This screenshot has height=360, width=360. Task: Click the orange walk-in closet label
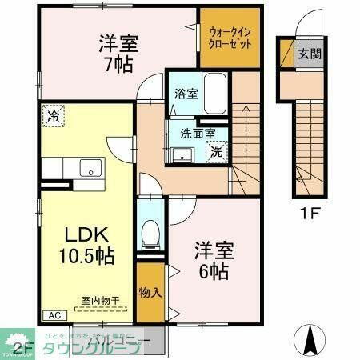[229, 38]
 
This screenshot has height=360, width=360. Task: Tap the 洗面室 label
[191, 135]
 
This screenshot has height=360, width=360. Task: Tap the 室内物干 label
[100, 302]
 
